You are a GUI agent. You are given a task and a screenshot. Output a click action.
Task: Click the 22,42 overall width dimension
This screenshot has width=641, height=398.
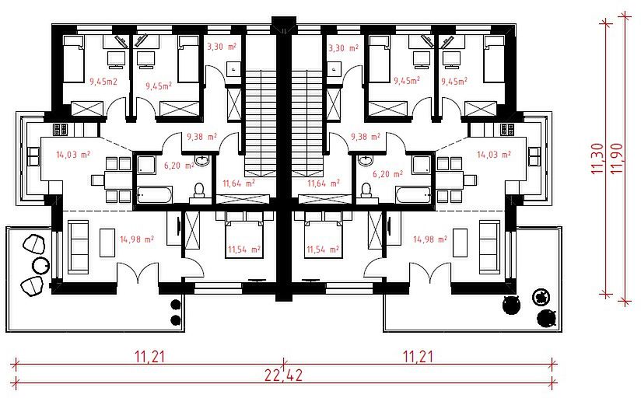coord(283,375)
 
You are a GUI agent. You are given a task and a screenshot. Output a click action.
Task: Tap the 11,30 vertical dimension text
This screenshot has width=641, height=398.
coord(597,158)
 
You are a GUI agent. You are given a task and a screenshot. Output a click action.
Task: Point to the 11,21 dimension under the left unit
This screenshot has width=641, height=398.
coord(150,356)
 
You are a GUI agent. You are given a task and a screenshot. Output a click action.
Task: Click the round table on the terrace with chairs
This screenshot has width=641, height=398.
coord(41,266)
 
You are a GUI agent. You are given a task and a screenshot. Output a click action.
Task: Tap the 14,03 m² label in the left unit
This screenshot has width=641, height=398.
coord(73,155)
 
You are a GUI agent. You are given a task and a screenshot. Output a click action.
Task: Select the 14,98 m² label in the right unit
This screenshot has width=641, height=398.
coord(429,239)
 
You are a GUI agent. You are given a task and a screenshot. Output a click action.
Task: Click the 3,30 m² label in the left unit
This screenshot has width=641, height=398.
coord(221,47)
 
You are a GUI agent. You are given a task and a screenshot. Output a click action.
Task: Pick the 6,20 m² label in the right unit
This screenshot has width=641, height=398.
coord(387,174)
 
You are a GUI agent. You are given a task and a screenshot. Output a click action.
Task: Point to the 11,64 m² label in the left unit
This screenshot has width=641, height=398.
coord(239,183)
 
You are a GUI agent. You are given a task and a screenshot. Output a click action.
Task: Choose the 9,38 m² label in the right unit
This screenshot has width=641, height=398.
coord(366,137)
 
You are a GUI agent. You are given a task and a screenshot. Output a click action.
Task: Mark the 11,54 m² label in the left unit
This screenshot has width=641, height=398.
coord(244,249)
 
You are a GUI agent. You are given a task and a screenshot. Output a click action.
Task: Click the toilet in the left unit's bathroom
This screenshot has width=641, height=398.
coord(199,190)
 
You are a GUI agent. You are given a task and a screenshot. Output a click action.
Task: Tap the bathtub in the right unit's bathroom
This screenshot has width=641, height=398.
coord(413,195)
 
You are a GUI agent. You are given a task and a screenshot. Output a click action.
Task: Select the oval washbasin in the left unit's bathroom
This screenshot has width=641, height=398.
coord(202,160)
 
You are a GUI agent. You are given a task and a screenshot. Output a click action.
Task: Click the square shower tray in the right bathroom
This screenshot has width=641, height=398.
coord(422,165)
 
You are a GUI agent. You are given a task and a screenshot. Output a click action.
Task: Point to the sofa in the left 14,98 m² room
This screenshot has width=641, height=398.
coord(78,247)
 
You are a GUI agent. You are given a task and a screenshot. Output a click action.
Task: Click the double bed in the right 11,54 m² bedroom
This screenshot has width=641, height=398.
coord(323,235)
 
